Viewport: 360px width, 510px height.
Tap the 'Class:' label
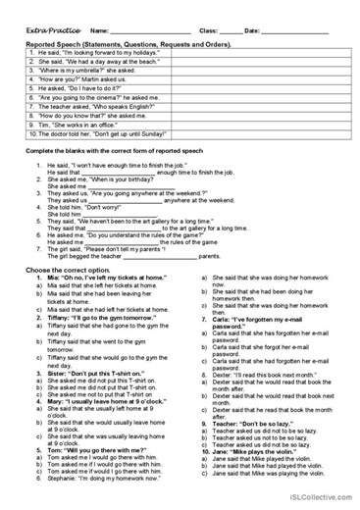pos(209,30)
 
